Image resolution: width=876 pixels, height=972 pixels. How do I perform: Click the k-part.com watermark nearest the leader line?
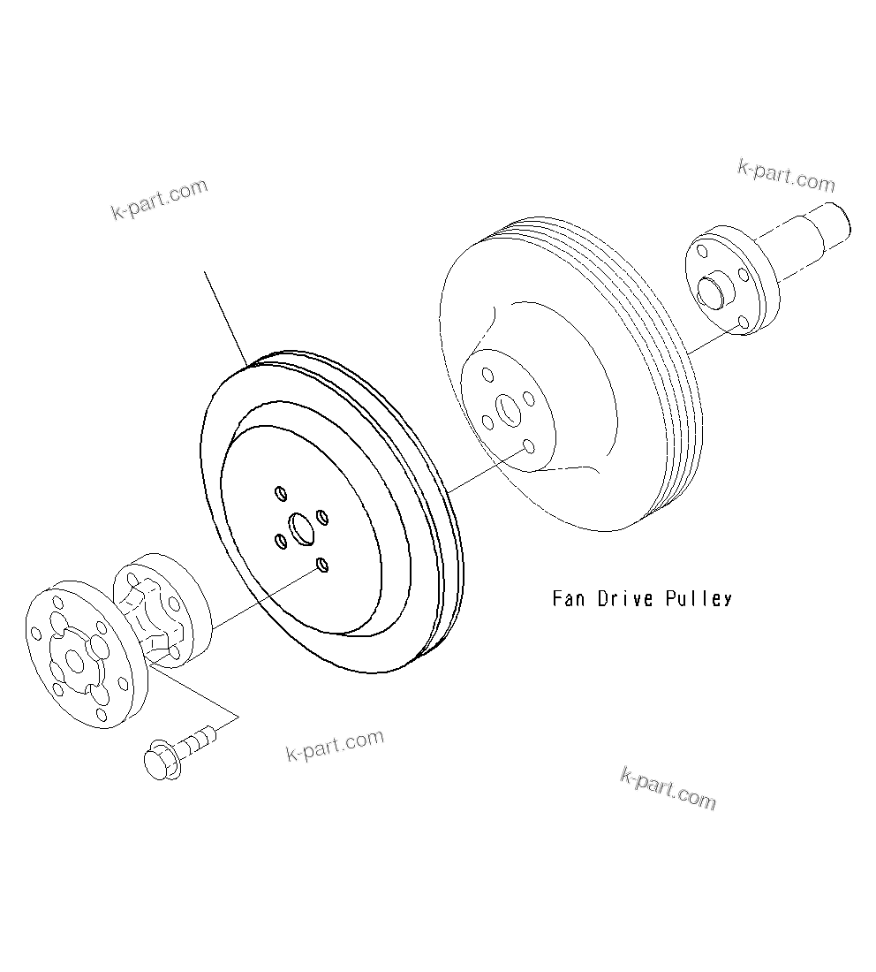coord(159,199)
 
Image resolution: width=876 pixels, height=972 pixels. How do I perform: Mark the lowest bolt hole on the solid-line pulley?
coord(322,565)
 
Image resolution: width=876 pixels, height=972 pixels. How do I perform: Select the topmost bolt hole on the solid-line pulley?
coord(281,491)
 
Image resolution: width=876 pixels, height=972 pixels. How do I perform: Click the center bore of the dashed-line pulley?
coord(508,409)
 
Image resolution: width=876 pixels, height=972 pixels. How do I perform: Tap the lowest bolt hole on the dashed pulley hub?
coord(527,447)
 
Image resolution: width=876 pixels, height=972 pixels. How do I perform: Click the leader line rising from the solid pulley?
coord(225,318)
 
